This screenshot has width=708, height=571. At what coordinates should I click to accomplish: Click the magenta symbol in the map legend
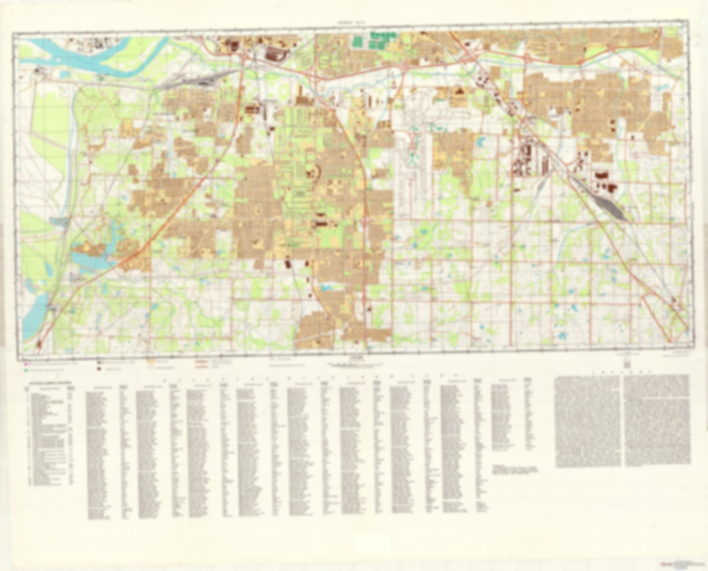26,364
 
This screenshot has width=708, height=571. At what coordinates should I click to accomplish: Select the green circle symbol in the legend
25,370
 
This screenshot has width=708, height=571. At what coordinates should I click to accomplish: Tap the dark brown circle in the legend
99,370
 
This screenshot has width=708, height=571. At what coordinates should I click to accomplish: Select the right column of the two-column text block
657,421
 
